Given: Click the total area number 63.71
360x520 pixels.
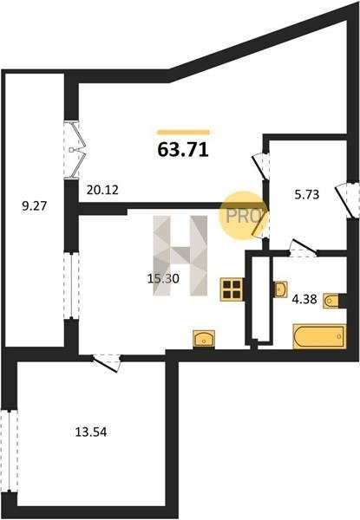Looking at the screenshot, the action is click(x=183, y=150).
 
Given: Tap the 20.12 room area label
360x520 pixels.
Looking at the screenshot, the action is click(x=102, y=190).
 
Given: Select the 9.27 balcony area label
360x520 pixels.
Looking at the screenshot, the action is click(x=35, y=206).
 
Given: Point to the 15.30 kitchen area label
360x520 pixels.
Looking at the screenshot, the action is click(x=163, y=278).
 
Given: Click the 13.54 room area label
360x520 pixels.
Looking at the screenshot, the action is click(x=91, y=432).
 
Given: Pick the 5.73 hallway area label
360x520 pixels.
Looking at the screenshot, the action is click(x=307, y=194).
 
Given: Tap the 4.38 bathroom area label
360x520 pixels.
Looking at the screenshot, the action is click(x=304, y=300).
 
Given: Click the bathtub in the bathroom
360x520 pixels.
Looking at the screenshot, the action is click(x=319, y=336).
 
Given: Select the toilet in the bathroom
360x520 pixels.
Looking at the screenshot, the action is click(x=331, y=301).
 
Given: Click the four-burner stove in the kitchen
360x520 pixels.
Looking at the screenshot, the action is click(x=232, y=289).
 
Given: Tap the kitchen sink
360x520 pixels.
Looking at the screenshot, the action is click(x=204, y=339).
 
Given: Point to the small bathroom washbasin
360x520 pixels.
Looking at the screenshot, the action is click(x=281, y=289).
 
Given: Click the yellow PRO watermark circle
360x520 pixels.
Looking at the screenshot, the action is click(x=243, y=216).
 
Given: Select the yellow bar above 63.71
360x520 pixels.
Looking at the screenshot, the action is click(x=184, y=133).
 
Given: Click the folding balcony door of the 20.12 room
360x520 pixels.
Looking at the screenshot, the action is click(x=75, y=150).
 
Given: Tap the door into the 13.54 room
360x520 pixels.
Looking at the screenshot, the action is click(x=107, y=362).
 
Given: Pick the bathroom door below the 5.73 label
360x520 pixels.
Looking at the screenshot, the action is click(x=302, y=249).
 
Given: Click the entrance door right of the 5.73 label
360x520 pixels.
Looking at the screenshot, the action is click(x=347, y=200).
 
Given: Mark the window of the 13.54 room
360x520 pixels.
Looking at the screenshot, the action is click(x=9, y=452).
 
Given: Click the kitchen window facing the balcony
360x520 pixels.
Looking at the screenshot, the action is click(x=71, y=286).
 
